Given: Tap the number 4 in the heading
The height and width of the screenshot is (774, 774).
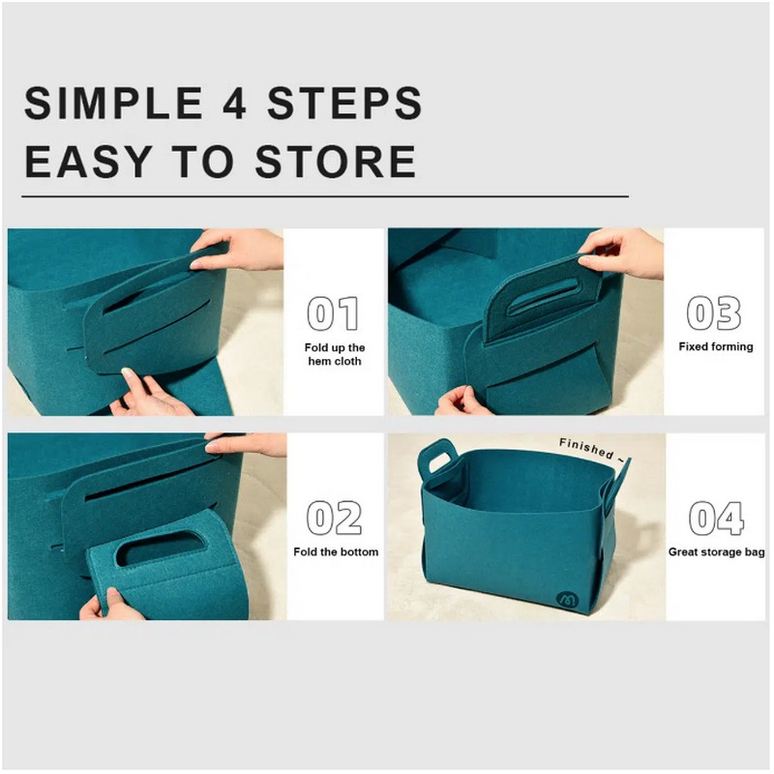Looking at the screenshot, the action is point(234,103).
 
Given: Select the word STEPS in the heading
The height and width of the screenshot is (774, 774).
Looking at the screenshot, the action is point(344,103).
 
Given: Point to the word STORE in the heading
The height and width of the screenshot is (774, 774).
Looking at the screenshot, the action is point(336,161).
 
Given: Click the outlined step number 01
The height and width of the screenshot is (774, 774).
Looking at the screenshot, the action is point(333,313).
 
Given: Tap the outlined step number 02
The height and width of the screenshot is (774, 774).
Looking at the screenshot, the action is point(334,518).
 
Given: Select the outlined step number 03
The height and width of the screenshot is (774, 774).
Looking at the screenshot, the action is point(714,313).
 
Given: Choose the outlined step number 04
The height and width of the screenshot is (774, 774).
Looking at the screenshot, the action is point(716,519).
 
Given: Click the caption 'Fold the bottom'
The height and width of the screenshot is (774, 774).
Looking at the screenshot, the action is point(336,551).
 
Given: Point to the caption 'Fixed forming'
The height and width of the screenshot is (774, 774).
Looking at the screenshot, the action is point(716,346).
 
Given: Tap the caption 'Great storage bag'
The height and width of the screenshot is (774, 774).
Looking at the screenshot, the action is point(716,552).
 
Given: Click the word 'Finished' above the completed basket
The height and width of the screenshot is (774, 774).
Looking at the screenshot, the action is point(586,448).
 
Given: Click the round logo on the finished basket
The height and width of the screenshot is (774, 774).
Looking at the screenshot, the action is point(567,599).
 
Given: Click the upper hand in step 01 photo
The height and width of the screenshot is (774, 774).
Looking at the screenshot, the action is point(239,251).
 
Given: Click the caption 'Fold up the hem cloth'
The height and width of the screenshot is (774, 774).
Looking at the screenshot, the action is point(335,354).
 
